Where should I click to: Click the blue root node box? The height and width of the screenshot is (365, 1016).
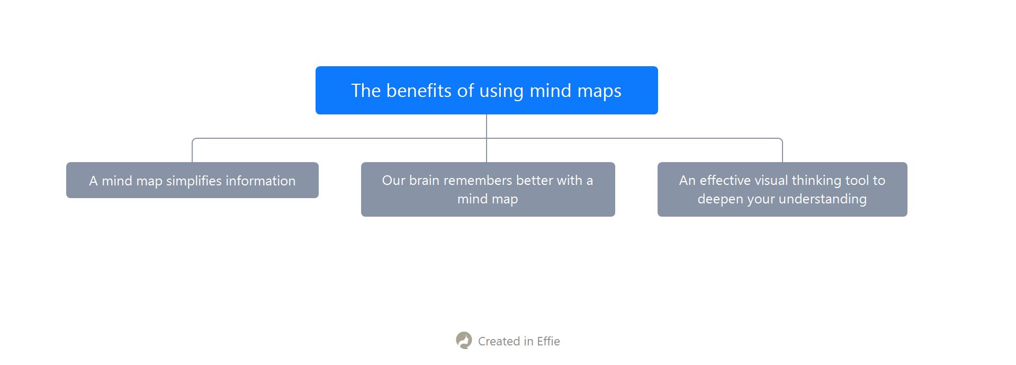tap(487, 90)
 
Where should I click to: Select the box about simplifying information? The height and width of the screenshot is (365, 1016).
tap(192, 180)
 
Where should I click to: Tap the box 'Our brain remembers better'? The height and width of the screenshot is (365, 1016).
tap(488, 189)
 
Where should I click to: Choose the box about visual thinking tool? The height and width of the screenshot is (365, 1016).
tap(782, 189)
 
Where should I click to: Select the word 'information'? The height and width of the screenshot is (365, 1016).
tap(260, 181)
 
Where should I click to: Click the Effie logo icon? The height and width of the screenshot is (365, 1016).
tap(464, 341)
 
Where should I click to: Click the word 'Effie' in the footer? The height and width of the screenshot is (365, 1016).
tap(549, 341)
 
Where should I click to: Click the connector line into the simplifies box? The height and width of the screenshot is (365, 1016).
tap(192, 150)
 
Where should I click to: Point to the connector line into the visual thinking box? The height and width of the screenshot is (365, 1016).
tap(782, 150)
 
